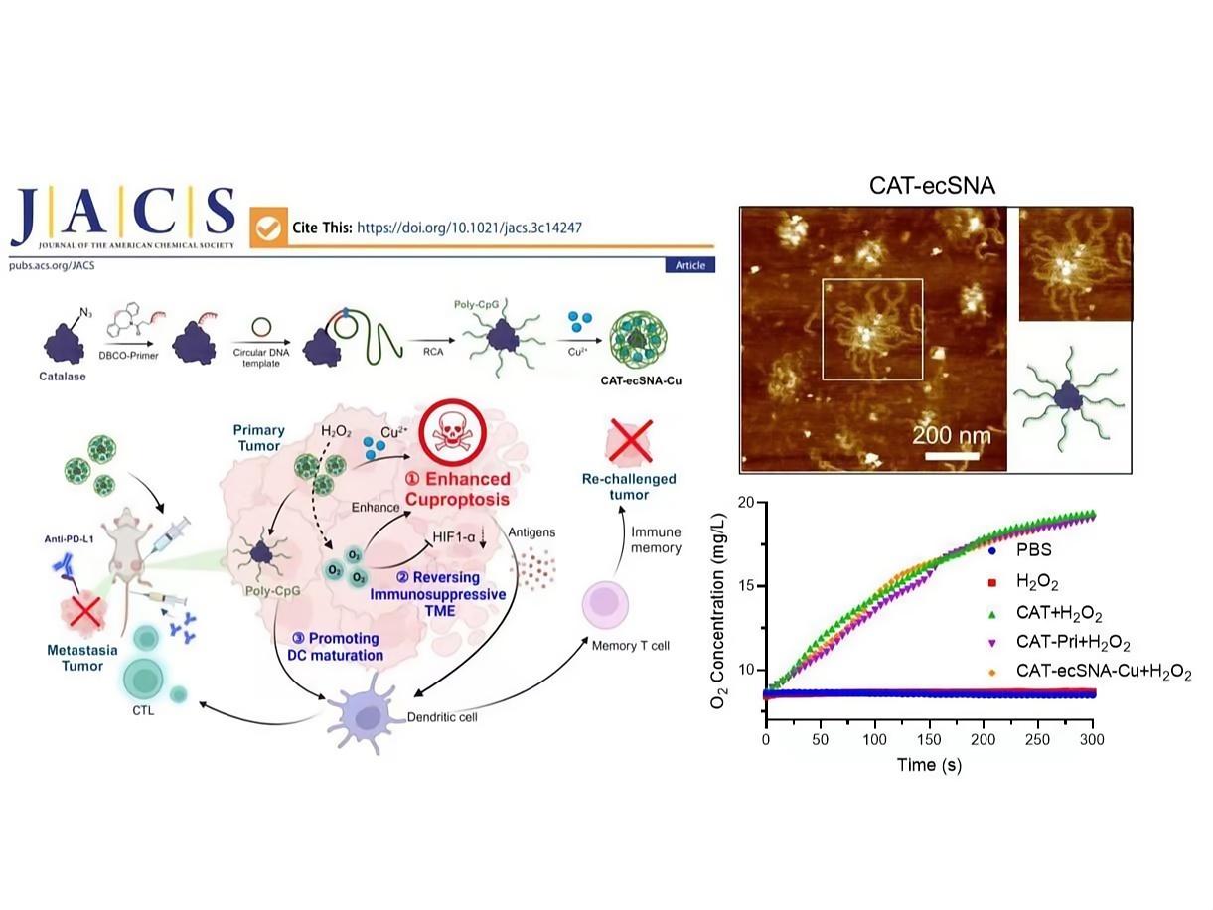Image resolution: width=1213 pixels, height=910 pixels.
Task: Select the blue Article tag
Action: pos(689,265)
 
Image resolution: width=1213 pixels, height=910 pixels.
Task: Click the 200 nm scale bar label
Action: pos(953,435)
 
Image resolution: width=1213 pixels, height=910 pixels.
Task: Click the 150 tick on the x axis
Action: pos(930,740)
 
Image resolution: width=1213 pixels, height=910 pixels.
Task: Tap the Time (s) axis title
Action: pos(929,765)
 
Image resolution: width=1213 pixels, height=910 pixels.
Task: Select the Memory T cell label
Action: pos(630,645)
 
